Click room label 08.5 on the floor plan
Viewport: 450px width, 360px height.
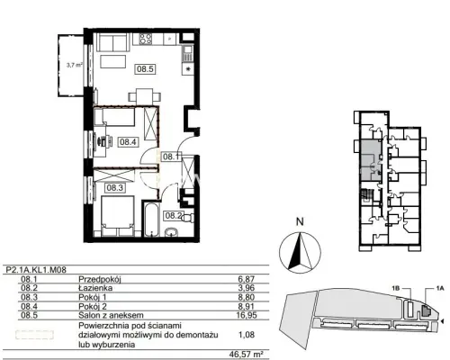[145, 69]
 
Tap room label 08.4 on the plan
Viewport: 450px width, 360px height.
[128, 141]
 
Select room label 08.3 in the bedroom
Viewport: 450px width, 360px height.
[115, 188]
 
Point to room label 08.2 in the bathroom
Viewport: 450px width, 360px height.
[174, 215]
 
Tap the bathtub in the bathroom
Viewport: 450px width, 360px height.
[150, 220]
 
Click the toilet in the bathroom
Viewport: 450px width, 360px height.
[187, 217]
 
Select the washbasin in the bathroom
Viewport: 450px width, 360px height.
[171, 232]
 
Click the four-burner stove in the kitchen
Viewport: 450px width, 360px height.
[146, 39]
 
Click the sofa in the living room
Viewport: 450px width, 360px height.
[113, 42]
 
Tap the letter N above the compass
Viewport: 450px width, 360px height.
[300, 221]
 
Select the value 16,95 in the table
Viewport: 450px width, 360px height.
[247, 315]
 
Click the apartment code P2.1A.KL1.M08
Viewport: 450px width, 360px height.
[36, 270]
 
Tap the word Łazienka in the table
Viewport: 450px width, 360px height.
[95, 288]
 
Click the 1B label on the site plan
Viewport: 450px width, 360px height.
[395, 289]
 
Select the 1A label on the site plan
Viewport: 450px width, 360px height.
[439, 289]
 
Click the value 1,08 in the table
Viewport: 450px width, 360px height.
[247, 334]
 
